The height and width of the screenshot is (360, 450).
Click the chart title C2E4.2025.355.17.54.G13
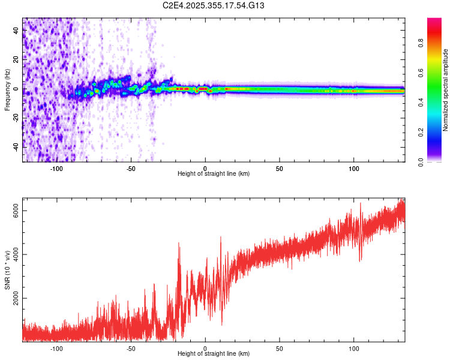click(x=214, y=5)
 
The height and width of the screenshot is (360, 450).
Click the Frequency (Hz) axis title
click(x=7, y=90)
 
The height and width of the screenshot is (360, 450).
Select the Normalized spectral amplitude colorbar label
click(x=446, y=90)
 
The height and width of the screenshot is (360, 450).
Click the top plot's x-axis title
click(x=214, y=174)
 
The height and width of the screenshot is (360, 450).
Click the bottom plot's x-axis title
click(x=214, y=354)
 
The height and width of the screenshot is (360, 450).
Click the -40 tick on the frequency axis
click(x=17, y=147)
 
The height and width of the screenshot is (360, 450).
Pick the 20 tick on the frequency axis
click(x=17, y=60)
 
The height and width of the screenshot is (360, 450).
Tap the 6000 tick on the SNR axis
click(x=17, y=209)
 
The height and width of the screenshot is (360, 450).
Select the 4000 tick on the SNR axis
click(x=17, y=254)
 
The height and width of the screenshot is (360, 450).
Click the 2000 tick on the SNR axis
click(x=17, y=298)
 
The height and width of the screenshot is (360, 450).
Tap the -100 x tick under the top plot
click(x=56, y=169)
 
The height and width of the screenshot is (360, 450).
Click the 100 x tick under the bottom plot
click(x=354, y=349)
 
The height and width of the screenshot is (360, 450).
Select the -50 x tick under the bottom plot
click(x=131, y=349)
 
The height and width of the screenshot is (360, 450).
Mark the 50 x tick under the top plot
click(x=280, y=169)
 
